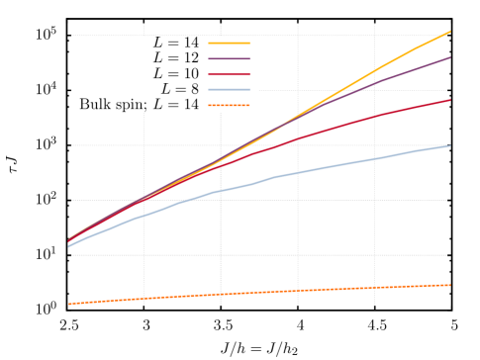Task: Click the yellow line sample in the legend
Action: click(x=229, y=44)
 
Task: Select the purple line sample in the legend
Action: click(x=229, y=59)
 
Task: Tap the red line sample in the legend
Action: click(x=229, y=74)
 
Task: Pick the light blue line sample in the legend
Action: click(x=229, y=90)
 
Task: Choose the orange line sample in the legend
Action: click(x=229, y=105)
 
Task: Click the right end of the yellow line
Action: click(x=450, y=32)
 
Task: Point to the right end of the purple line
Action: click(x=450, y=57)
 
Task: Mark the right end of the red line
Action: click(x=450, y=100)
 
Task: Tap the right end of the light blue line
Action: click(x=450, y=145)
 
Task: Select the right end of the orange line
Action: click(x=450, y=285)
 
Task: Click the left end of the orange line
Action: click(x=68, y=304)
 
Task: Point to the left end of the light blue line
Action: click(x=68, y=246)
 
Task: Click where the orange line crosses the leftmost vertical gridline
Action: click(x=144, y=299)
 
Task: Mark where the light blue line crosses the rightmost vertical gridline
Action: click(x=374, y=158)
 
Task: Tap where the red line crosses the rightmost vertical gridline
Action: click(x=374, y=116)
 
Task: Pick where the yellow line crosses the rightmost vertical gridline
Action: click(x=374, y=72)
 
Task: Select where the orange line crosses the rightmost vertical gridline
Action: click(x=374, y=288)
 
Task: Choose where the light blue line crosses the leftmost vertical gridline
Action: click(x=144, y=215)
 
